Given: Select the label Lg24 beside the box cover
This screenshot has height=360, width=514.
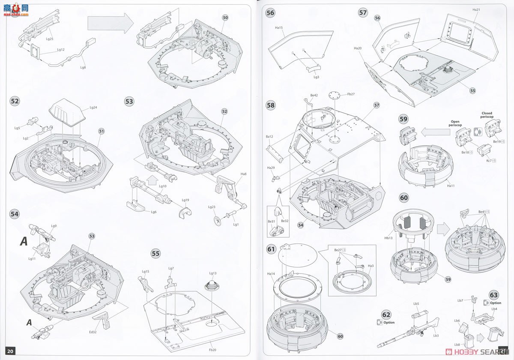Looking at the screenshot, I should click(x=93, y=108).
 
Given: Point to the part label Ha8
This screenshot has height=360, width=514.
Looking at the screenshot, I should click(x=243, y=174).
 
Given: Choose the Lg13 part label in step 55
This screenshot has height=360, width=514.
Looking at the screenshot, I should click(x=213, y=273).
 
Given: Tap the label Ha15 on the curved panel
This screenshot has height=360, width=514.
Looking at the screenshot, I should click(x=279, y=28).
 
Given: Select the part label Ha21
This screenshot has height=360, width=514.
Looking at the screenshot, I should click(x=476, y=9).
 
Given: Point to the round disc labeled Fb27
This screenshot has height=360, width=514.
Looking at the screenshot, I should click(x=335, y=95).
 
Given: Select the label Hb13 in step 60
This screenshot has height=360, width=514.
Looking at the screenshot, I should click(x=388, y=238).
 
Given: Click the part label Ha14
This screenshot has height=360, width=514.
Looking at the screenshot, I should click(x=271, y=273).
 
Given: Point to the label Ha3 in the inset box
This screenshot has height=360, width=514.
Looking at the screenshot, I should click(x=371, y=266).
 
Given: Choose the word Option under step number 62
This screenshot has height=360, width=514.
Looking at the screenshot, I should click(x=389, y=322).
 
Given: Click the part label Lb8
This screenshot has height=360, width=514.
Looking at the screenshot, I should click(x=457, y=344).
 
